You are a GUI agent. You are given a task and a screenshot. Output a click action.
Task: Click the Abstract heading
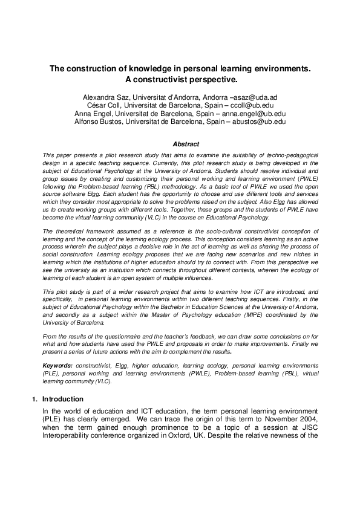[x=186, y=144]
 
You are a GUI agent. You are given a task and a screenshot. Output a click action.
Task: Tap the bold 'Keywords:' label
[x=57, y=366]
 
